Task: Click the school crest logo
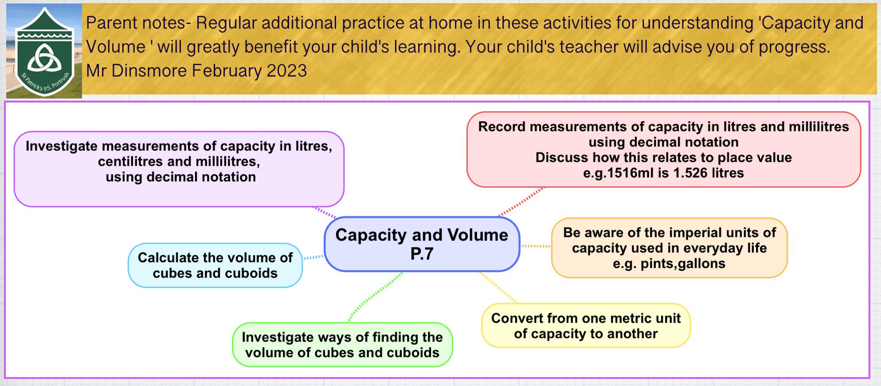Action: tap(44, 51)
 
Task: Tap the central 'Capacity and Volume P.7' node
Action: tap(422, 244)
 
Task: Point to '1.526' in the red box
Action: tap(690, 173)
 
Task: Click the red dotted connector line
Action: tap(521, 202)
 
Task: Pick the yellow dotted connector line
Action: tap(498, 288)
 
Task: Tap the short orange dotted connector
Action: tap(536, 246)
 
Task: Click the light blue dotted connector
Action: tap(313, 257)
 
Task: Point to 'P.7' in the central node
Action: tap(422, 254)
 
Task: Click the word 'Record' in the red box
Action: tap(501, 127)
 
